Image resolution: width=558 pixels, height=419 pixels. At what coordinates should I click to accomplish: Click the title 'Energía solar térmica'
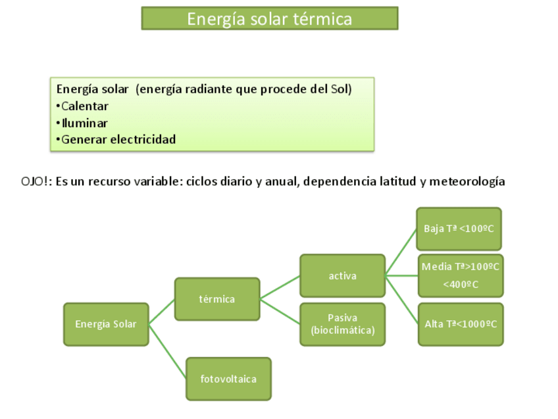(x=269, y=18)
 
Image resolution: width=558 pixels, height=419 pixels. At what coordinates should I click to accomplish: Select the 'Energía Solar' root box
(x=106, y=324)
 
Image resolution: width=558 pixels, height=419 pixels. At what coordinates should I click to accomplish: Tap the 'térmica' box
(x=216, y=299)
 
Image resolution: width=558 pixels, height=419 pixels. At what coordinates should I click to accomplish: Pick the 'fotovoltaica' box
(x=228, y=379)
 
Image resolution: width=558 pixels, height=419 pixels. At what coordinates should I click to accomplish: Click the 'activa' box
(x=342, y=276)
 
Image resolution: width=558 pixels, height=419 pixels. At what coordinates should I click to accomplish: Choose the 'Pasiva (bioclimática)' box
(x=342, y=324)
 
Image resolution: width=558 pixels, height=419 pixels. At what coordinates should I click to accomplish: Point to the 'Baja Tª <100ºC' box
(x=459, y=229)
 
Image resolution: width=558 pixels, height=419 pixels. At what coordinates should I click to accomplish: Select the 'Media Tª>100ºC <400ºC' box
(x=460, y=275)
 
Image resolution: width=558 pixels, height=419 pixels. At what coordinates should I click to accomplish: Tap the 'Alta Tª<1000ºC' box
(x=461, y=324)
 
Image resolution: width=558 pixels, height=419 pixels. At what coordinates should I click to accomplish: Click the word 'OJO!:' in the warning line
(x=37, y=182)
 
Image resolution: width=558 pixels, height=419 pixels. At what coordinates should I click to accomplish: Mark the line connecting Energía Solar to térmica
(x=162, y=312)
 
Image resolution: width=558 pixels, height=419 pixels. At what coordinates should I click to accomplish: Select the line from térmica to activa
(x=280, y=288)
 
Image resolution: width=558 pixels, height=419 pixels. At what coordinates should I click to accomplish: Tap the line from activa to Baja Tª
(x=401, y=252)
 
